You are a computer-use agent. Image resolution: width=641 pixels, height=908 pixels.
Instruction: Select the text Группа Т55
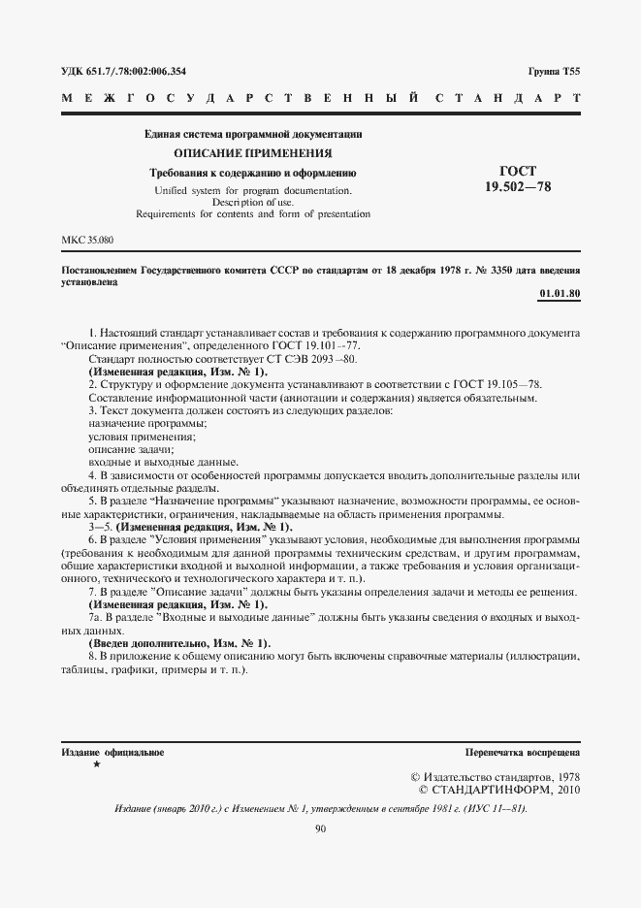click(554, 72)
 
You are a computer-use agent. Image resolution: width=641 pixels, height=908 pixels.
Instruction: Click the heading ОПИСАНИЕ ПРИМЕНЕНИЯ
click(252, 153)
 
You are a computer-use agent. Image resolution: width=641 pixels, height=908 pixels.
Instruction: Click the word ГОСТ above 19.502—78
click(516, 170)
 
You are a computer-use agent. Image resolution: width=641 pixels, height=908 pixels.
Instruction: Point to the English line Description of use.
click(252, 202)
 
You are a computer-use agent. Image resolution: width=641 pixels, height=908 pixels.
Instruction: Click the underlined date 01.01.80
click(559, 293)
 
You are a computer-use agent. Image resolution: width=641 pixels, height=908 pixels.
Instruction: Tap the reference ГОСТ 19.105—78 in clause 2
click(493, 385)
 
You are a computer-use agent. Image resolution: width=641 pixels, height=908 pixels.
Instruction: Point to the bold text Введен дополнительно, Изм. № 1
click(179, 644)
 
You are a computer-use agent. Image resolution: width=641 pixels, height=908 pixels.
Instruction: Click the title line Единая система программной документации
click(252, 135)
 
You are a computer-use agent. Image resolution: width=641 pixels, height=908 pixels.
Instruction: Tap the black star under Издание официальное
click(95, 765)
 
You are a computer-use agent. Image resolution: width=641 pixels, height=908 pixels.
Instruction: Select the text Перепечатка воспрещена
click(522, 752)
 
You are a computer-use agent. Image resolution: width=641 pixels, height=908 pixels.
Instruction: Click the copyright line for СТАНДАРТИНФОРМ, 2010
click(498, 790)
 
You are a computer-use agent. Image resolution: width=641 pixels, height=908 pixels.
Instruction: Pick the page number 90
click(320, 827)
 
